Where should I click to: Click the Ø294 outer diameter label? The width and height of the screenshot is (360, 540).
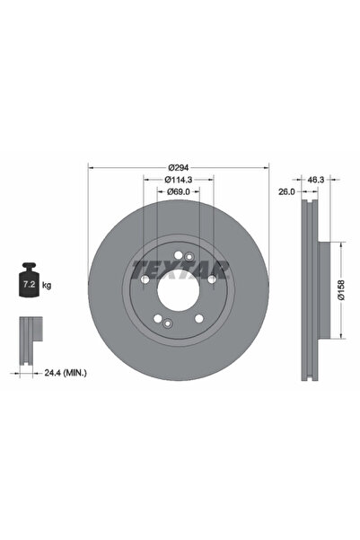coord(178,168)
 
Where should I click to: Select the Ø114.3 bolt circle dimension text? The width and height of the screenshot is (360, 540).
coord(178,180)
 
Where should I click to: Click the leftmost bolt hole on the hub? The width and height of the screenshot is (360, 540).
coord(145,280)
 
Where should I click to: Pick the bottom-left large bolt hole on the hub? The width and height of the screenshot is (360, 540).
coord(158,319)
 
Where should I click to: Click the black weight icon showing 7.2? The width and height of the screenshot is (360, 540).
coord(27,285)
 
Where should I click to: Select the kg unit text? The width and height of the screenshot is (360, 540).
coord(47,286)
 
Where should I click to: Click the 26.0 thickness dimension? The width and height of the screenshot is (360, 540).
coord(286,191)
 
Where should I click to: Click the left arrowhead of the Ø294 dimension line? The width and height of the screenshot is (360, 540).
coord(92,168)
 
